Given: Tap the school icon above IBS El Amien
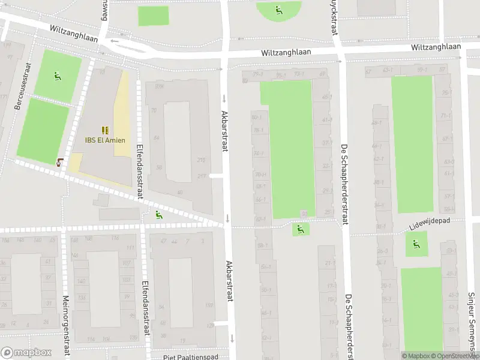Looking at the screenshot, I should pyautogui.click(x=105, y=130).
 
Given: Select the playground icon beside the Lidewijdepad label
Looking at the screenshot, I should pyautogui.click(x=416, y=244).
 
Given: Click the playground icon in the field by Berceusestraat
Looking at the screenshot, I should pyautogui.click(x=57, y=76).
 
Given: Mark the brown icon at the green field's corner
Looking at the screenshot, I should pyautogui.click(x=59, y=161).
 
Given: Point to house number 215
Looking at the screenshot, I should pyautogui.click(x=201, y=160).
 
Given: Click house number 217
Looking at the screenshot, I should pyautogui.click(x=201, y=176).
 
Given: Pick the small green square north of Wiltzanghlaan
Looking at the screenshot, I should pyautogui.click(x=154, y=16).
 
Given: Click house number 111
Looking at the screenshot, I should pyautogui.click(x=130, y=248).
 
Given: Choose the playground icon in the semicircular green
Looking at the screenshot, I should pyautogui.click(x=278, y=10).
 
